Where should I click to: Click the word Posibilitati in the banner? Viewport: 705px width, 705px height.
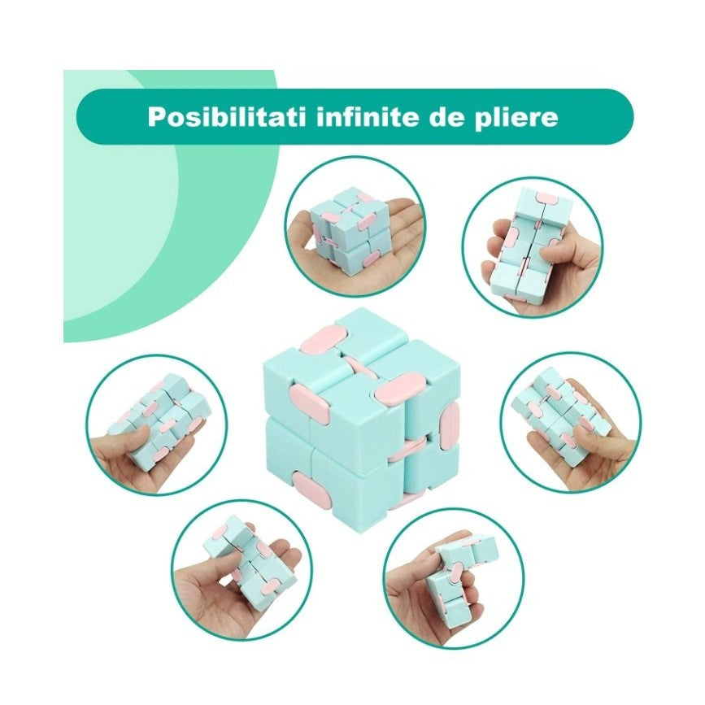(209, 116)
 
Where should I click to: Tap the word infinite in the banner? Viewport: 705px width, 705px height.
(345, 116)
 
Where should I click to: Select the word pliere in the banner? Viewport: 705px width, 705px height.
(515, 117)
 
